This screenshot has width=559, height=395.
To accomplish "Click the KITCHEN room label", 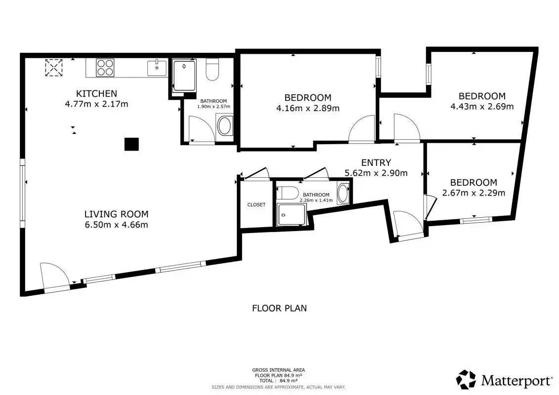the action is (x=96, y=94).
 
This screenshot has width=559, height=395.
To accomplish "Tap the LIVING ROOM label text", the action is (x=116, y=214).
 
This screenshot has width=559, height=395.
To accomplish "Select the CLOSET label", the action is (x=257, y=205).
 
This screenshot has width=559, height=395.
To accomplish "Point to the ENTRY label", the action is (x=376, y=163).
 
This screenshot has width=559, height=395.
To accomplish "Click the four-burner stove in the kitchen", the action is (x=105, y=68).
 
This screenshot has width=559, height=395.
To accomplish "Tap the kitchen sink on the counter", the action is (x=157, y=68).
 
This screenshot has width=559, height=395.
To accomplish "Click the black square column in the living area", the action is (x=131, y=144).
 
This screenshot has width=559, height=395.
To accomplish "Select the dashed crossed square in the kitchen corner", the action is (x=54, y=68).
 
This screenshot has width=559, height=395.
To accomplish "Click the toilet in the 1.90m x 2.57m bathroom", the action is (x=213, y=70).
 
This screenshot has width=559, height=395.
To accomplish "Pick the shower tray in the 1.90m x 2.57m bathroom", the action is (x=184, y=76).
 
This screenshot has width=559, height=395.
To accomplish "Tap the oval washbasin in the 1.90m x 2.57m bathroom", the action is (x=224, y=126).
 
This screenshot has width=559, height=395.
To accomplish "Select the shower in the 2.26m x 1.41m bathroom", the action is (x=292, y=214).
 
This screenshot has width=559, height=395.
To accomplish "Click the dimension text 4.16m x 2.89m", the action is (x=307, y=108).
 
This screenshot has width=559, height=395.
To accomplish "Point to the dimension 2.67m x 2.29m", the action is (x=473, y=193).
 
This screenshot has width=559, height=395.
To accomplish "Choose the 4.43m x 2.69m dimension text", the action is (x=482, y=107).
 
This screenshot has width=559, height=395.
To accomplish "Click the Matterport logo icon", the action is (x=466, y=380).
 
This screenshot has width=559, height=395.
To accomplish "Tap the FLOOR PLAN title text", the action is (x=280, y=308).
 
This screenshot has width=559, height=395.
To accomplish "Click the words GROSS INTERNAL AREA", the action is (x=278, y=370).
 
